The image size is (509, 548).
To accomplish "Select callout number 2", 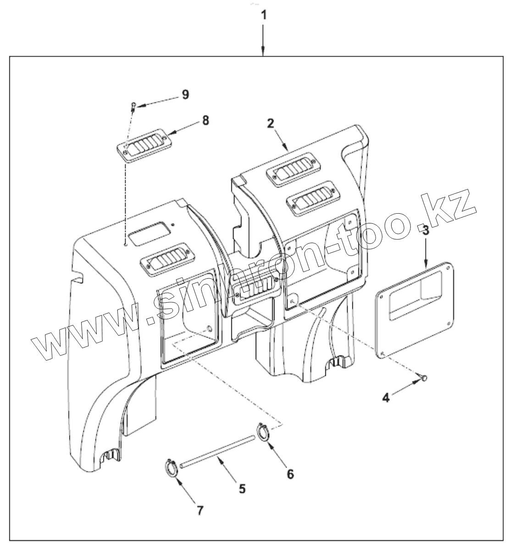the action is (x=271, y=123).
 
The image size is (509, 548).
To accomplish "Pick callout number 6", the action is (x=290, y=473).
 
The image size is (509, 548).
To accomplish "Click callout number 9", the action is (x=185, y=95).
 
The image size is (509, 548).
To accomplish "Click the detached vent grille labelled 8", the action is (x=144, y=148).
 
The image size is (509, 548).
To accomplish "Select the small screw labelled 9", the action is (x=133, y=106).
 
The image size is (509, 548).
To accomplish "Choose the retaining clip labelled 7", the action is (x=172, y=468).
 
